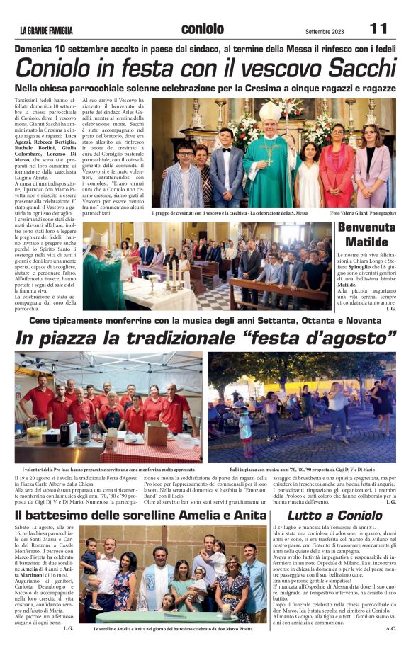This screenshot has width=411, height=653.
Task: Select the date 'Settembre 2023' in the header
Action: (x=325, y=31)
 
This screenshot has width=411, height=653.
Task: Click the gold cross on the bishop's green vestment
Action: (x=269, y=152)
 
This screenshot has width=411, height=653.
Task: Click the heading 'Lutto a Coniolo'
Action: (x=334, y=515)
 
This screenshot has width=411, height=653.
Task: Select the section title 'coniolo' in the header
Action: (x=203, y=28)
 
